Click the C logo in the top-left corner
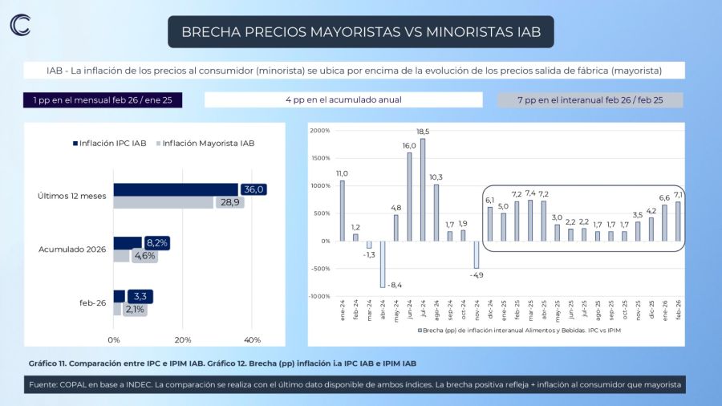click(20, 25)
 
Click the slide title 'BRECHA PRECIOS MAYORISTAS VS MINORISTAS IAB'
click(361, 32)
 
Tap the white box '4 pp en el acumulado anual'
click(343, 100)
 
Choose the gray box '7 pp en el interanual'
click(590, 100)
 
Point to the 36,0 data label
click(254, 189)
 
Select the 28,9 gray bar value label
click(231, 202)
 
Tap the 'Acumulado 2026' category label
click(72, 250)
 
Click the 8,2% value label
click(157, 242)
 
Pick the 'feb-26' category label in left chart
click(93, 302)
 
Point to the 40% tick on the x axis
click(251, 340)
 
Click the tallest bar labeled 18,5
click(423, 189)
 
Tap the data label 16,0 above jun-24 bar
click(409, 146)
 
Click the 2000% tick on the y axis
click(319, 130)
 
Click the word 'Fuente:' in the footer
click(45, 385)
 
